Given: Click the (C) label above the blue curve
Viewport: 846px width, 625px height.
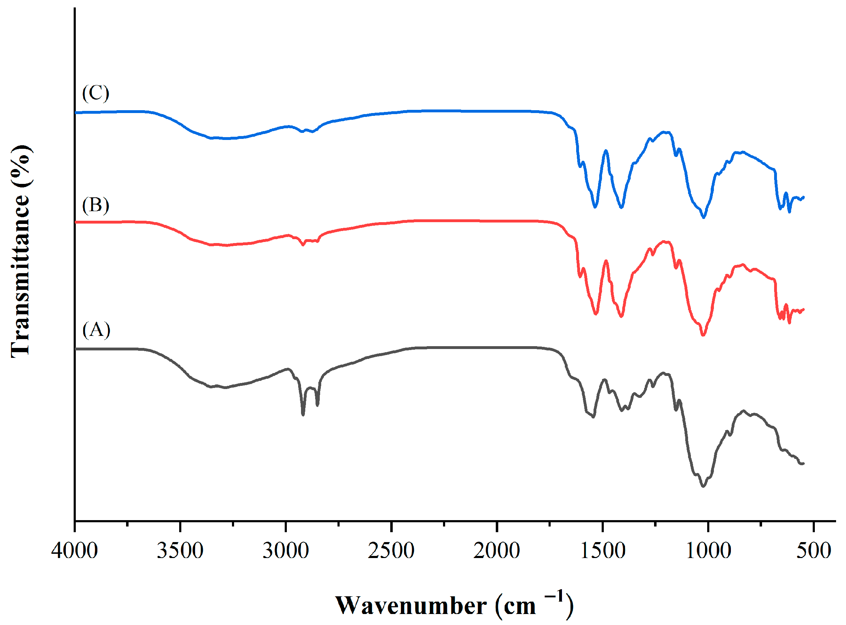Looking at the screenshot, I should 96,93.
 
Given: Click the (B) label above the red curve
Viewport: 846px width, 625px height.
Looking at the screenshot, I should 96,205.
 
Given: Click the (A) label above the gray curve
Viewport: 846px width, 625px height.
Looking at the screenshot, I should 96,330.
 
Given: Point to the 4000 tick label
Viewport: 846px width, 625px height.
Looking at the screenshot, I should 74,551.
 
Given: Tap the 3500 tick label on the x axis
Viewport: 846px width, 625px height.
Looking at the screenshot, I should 180,551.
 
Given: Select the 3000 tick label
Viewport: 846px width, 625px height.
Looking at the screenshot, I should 285,551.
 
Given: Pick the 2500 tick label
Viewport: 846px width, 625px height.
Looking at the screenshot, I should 391,551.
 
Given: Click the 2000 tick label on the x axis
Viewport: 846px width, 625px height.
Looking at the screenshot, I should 496,551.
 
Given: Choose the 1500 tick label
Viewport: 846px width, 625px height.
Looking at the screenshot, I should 602,551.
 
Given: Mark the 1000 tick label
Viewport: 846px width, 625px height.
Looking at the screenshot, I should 708,551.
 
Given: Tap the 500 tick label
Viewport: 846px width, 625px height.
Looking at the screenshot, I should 813,551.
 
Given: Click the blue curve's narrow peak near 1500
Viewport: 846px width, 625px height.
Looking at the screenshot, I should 606,151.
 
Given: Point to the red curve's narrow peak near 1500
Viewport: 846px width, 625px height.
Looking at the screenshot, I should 606,261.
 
